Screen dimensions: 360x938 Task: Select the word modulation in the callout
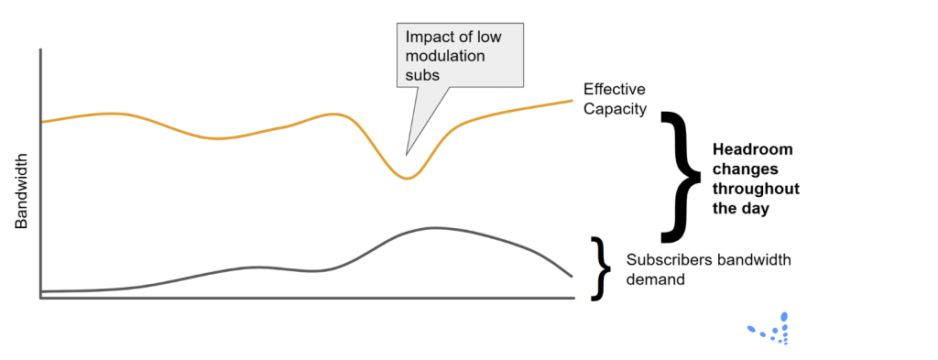(445, 56)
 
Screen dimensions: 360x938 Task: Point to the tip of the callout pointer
(406, 154)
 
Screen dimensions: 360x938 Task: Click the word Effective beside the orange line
(615, 90)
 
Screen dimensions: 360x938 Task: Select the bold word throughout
(756, 189)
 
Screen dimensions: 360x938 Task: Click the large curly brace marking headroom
(682, 174)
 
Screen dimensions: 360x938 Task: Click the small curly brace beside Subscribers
(600, 268)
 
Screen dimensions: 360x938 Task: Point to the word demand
(655, 279)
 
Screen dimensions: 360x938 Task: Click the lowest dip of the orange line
(407, 178)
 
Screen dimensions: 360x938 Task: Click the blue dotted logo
(771, 329)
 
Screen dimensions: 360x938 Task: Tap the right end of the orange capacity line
(573, 100)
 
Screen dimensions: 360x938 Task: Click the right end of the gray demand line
(572, 276)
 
